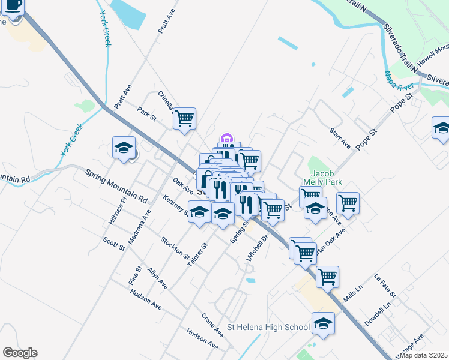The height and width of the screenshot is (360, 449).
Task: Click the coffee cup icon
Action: click(x=14, y=6)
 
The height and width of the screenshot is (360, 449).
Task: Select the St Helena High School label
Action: click(x=268, y=328)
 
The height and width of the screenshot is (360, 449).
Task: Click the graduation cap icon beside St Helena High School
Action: click(x=323, y=323)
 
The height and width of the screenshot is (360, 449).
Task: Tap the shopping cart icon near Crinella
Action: click(x=185, y=118)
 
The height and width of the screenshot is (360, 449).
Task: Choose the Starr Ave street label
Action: click(x=339, y=138)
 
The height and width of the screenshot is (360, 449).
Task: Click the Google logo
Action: click(x=20, y=353)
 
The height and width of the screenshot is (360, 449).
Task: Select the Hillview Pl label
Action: click(x=118, y=211)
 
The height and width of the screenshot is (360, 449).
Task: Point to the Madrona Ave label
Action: click(x=146, y=223)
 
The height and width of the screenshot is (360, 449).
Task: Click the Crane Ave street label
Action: click(x=212, y=324)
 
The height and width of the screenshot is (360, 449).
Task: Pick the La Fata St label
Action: click(x=385, y=286)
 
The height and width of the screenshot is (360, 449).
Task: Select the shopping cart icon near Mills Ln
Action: click(x=327, y=277)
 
